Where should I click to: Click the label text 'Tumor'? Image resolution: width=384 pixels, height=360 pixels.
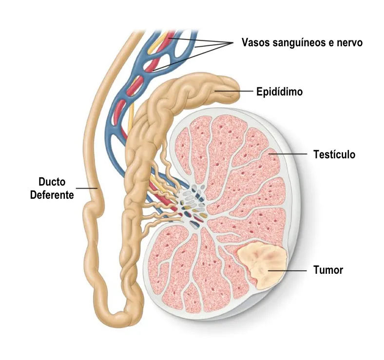coord(328,270)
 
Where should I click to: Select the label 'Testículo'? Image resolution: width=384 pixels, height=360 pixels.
coord(334,155)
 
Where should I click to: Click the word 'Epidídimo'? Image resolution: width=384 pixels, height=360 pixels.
coord(279,91)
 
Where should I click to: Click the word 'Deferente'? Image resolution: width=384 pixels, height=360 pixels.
coord(52,195)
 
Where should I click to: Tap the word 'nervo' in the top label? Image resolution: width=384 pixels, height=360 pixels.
coord(349,42)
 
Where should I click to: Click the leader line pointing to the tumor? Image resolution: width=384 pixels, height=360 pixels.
coord(288,270)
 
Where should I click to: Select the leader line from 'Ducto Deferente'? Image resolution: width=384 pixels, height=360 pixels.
coord(87,188)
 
